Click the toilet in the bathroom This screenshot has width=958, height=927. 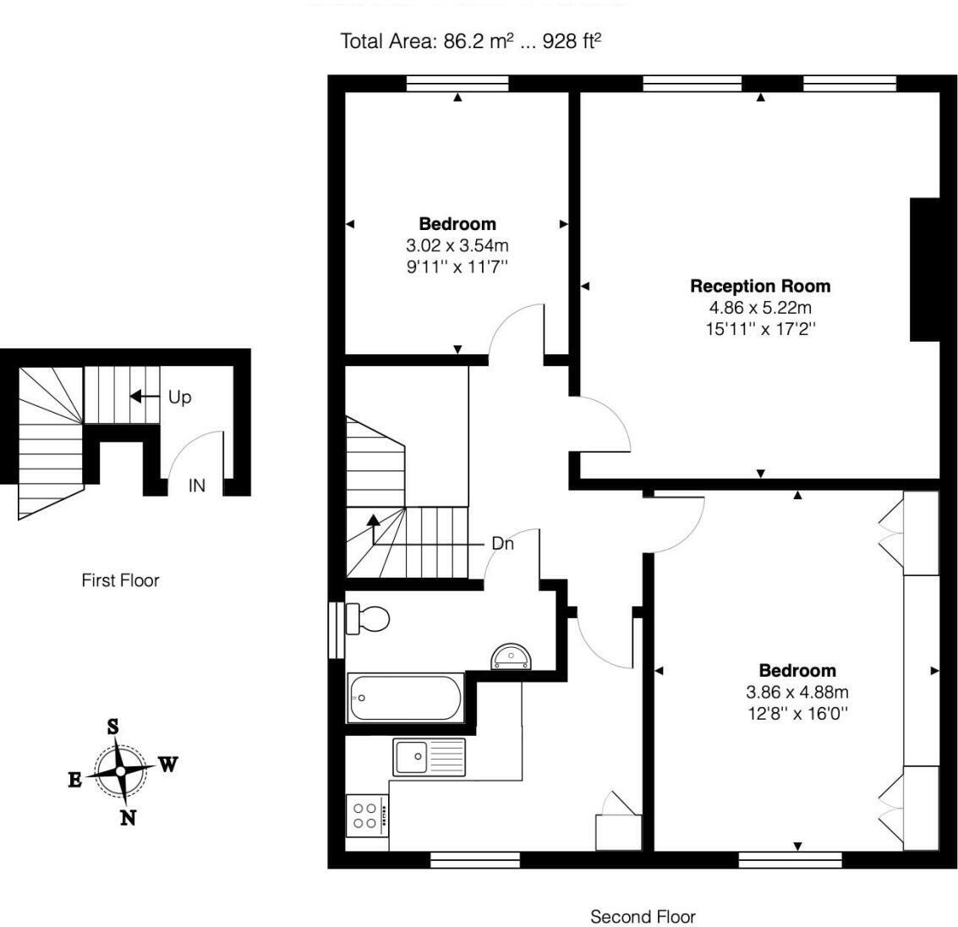click(x=367, y=618)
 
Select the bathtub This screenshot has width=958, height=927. click(x=405, y=698)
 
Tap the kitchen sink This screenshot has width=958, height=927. click(x=429, y=755)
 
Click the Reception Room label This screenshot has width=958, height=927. click(x=760, y=286)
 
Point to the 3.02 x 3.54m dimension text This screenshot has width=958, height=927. click(x=457, y=246)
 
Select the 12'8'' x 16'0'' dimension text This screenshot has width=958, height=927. click(x=797, y=713)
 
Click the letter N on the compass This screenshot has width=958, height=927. click(x=128, y=817)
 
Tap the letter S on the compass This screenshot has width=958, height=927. click(x=112, y=726)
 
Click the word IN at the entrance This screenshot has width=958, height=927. click(x=196, y=485)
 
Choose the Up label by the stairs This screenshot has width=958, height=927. click(x=179, y=397)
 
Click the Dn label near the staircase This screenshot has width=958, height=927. click(x=502, y=544)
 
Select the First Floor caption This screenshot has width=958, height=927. click(x=120, y=580)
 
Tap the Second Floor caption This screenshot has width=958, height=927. click(x=643, y=916)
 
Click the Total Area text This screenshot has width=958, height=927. click(x=471, y=41)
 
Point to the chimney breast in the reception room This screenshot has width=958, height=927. click(x=925, y=269)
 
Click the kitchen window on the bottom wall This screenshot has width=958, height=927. click(x=474, y=860)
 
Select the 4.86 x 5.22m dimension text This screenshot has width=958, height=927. click(x=760, y=308)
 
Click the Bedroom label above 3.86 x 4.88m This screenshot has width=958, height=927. click(x=797, y=671)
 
